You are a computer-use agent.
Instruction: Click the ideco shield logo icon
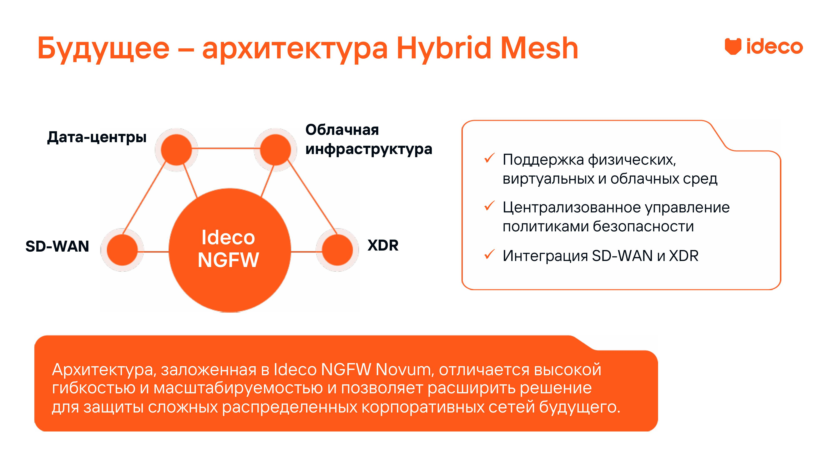[733, 46]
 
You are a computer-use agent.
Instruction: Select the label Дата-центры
[97, 137]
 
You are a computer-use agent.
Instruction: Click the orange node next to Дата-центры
[176, 150]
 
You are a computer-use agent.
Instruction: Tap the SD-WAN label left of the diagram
[57, 246]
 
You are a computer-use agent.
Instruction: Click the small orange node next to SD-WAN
[122, 250]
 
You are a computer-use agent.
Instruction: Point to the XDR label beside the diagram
[383, 245]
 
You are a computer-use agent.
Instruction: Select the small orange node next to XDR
[337, 250]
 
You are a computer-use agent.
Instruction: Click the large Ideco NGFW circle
[229, 250]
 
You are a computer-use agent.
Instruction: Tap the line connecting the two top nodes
[226, 149]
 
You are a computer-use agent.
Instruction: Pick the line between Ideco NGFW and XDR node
[306, 251]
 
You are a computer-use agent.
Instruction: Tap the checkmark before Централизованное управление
[489, 206]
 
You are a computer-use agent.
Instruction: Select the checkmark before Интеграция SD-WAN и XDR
[489, 254]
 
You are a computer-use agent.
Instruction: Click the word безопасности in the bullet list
[643, 226]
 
